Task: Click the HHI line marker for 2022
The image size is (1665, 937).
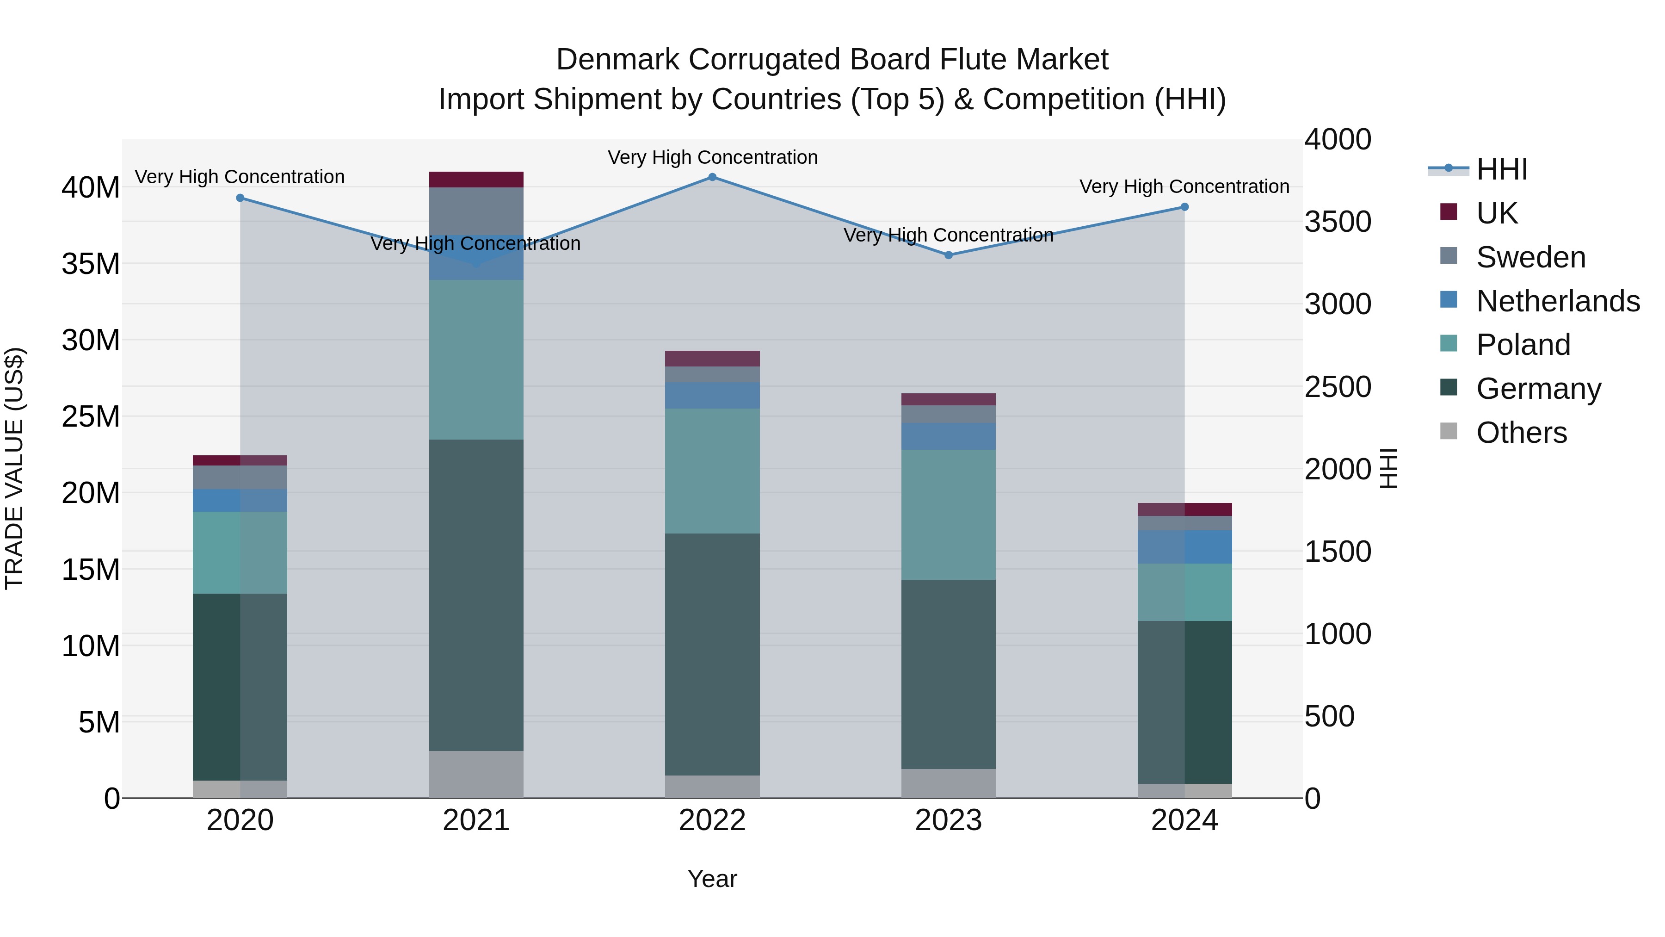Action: [712, 177]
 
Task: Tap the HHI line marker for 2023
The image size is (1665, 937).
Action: [948, 255]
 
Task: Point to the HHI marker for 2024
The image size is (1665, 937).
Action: [1184, 207]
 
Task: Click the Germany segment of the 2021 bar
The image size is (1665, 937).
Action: [476, 595]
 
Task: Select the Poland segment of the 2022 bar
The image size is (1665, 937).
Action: [712, 471]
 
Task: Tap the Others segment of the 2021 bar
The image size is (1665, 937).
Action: [476, 774]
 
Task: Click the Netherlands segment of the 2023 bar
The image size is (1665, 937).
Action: [948, 436]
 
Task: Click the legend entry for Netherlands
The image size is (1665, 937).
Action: [1558, 301]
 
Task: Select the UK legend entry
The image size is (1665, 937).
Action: [1496, 213]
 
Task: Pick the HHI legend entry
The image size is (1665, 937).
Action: [1501, 169]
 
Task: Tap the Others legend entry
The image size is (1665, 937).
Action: [1521, 433]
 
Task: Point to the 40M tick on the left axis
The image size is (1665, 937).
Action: [91, 188]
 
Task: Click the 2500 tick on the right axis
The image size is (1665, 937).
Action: [1337, 387]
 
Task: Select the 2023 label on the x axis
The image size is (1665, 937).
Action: [948, 820]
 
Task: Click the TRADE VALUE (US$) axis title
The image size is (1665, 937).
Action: [14, 468]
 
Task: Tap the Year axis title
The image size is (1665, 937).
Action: [712, 879]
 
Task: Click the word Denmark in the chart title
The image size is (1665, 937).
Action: [617, 60]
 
